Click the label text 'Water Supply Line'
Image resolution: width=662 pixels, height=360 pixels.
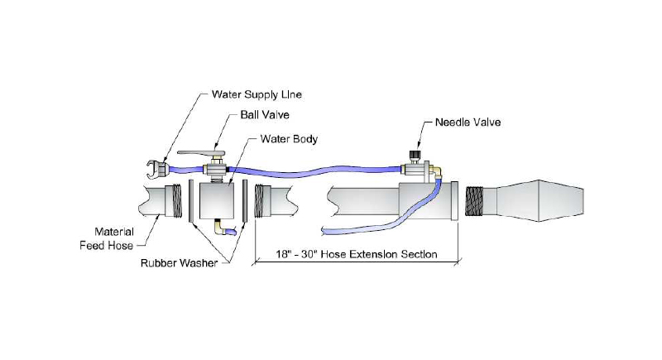coord(257,93)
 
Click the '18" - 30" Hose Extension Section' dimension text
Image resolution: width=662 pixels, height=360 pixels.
coord(358,253)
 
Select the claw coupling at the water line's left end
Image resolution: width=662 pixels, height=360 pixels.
coord(154,166)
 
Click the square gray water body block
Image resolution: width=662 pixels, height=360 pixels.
coord(218,199)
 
